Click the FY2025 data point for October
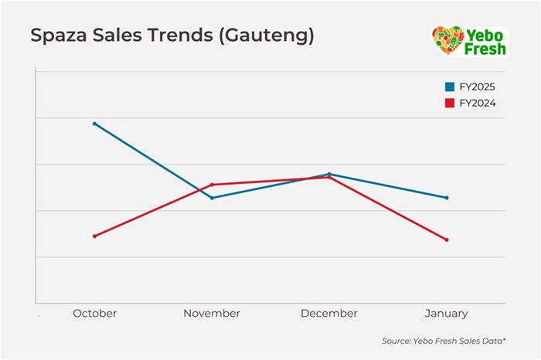point(94,124)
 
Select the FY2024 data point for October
point(94,236)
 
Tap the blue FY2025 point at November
point(212,198)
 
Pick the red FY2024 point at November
point(212,185)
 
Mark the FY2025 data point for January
point(447,198)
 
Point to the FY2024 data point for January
point(447,239)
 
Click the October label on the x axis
point(94,314)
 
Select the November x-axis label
point(212,314)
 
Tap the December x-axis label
point(329,314)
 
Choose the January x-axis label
point(447,314)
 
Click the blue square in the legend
point(450,87)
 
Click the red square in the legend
point(450,103)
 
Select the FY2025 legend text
point(477,87)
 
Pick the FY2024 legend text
point(477,103)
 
